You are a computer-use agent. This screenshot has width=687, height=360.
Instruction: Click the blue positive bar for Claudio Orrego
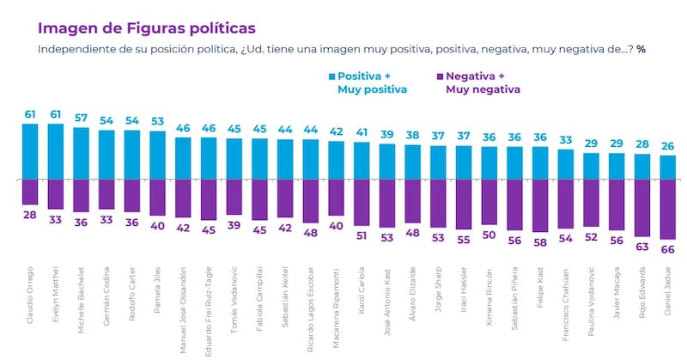(30, 152)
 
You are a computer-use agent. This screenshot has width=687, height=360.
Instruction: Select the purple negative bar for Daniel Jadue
(667, 209)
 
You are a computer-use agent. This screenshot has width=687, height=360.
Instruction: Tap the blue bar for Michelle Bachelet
(82, 154)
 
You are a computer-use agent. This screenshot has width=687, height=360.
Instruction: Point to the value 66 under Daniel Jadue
(667, 249)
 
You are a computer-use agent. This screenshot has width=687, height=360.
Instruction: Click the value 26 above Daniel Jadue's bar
(667, 147)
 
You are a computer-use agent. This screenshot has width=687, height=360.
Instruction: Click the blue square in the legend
(331, 76)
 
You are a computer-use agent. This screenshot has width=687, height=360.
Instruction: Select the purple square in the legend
(440, 76)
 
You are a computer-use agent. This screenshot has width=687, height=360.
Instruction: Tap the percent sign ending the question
(641, 49)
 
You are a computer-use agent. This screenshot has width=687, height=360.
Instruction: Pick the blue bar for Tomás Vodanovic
(234, 159)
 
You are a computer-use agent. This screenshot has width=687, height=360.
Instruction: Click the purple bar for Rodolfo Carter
(133, 196)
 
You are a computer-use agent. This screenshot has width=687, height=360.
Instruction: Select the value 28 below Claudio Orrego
(30, 214)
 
